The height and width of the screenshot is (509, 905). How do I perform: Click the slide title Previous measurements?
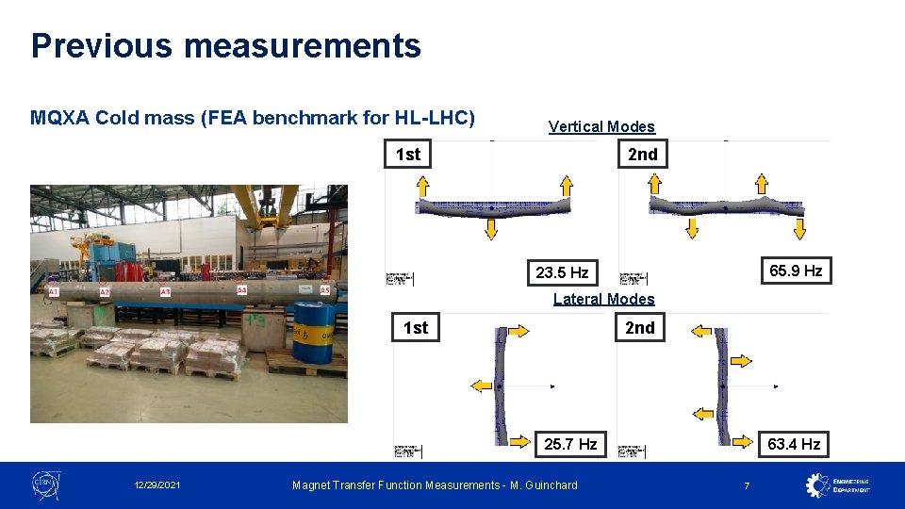[x=225, y=45]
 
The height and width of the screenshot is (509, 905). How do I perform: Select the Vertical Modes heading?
[x=601, y=126]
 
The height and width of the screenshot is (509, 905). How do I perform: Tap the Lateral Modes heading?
[x=603, y=299]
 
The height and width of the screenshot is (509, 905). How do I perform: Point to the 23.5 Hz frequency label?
[x=562, y=272]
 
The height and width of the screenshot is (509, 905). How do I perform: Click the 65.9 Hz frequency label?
[x=796, y=271]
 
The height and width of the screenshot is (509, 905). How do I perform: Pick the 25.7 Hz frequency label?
[x=570, y=443]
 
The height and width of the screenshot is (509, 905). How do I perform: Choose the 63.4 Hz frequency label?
[x=794, y=443]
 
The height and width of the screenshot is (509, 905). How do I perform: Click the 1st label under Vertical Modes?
[x=408, y=154]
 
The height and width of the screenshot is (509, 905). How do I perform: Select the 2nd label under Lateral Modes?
[x=639, y=327]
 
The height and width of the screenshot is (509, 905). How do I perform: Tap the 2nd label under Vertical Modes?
[x=643, y=154]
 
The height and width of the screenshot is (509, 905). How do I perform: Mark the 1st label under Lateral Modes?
[x=415, y=327]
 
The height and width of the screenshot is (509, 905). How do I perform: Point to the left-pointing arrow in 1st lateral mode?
[x=481, y=385]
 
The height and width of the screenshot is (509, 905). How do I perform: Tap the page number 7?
[x=747, y=485]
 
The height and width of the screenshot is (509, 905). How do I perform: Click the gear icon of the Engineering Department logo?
[x=817, y=484]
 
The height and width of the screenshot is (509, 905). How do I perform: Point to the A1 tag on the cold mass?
[x=54, y=293]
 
